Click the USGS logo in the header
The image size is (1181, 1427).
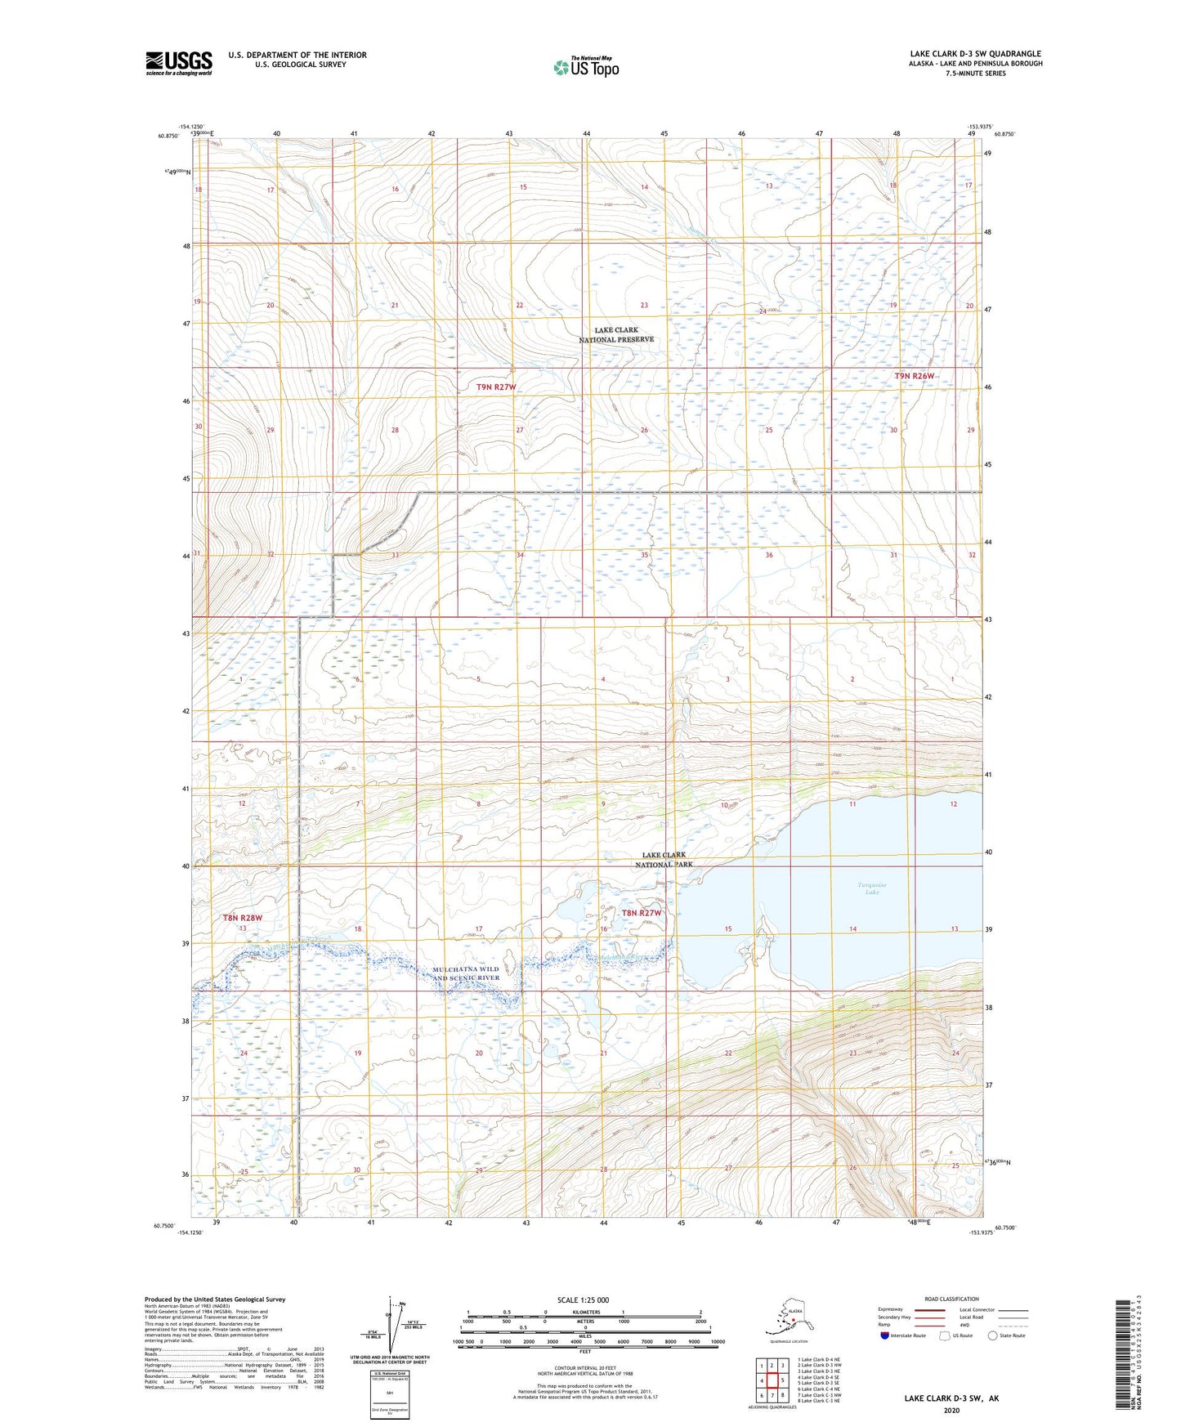coord(178,63)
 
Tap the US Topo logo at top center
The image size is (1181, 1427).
coord(585,66)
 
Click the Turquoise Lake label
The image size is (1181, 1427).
coord(872,888)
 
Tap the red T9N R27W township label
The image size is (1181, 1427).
coord(496,387)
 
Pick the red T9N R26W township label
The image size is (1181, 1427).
coord(914,376)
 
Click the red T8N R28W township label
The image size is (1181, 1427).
coord(243,918)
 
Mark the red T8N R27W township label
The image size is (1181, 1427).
coord(641,913)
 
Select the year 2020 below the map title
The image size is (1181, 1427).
coord(951,1410)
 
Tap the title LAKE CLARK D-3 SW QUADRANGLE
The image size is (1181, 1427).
coord(975,54)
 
